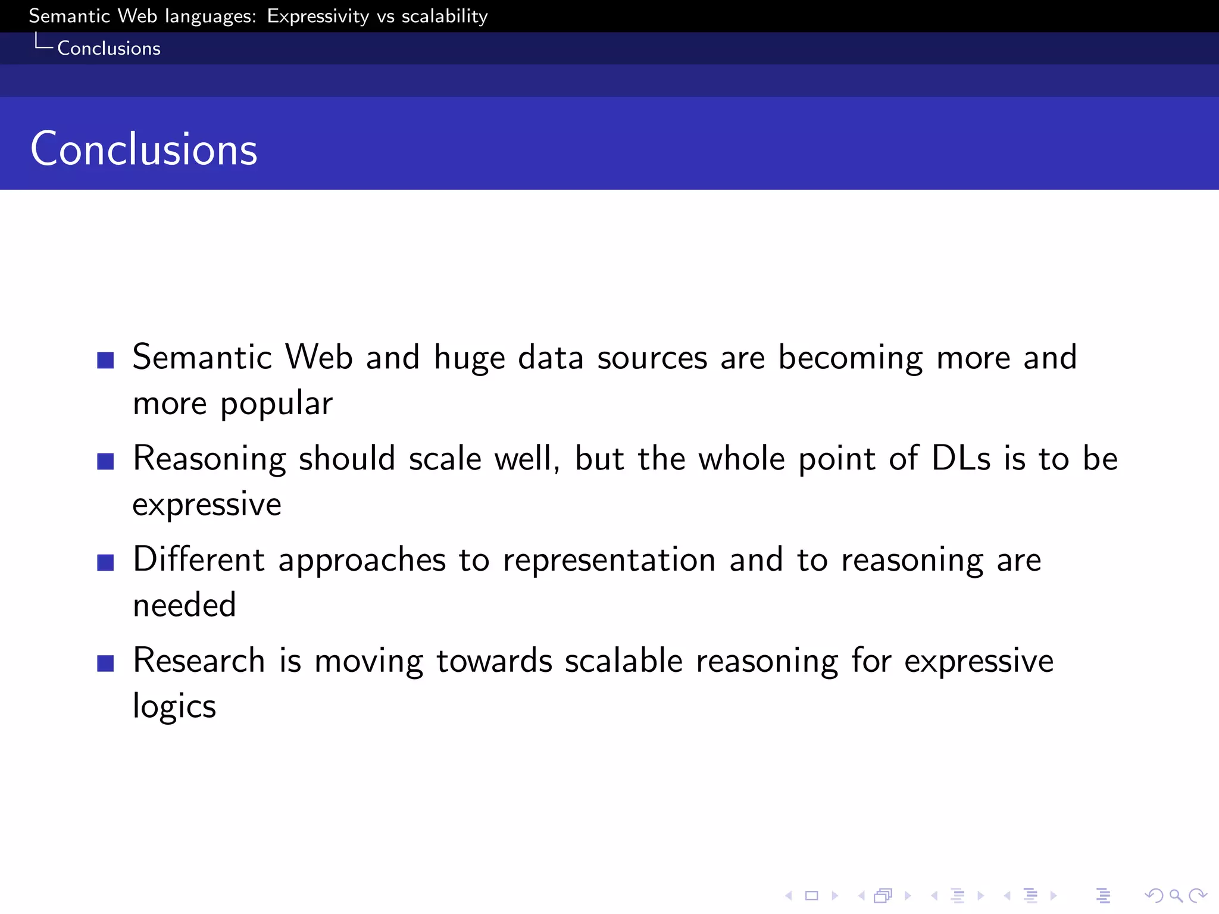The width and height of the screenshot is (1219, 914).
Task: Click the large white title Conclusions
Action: [x=143, y=149]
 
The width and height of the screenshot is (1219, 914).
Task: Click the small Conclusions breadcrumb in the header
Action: [x=108, y=48]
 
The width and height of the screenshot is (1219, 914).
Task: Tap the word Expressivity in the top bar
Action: [x=318, y=16]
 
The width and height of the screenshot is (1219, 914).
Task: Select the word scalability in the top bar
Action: [x=445, y=16]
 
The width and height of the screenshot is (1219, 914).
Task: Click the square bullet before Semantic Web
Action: [x=105, y=360]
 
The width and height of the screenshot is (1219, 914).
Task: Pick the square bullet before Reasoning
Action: [x=105, y=461]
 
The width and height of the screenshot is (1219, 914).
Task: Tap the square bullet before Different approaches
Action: [x=105, y=562]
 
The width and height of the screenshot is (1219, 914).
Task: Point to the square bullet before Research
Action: [x=105, y=663]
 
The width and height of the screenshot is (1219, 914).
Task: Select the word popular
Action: [x=276, y=405]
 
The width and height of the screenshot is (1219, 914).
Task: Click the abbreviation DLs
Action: [x=961, y=459]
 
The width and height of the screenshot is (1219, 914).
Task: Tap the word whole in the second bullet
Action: [x=741, y=459]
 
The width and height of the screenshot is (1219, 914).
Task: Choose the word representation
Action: [x=609, y=561]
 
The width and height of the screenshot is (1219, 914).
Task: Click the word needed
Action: [x=185, y=605]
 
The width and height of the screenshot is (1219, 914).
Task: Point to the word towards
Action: [x=494, y=661]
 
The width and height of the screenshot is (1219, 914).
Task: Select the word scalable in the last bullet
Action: [x=623, y=661]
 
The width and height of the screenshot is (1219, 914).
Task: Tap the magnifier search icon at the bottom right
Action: [x=1176, y=896]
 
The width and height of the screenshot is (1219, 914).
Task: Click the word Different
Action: [x=199, y=559]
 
